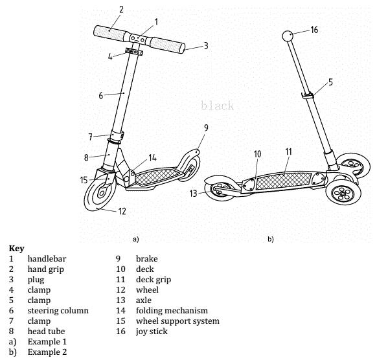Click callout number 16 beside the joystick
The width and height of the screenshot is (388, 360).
314,30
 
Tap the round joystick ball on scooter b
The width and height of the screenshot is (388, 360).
288,36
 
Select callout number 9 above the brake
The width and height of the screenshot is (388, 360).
206,128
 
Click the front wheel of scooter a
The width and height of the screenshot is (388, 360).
100,192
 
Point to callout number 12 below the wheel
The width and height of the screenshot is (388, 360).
122,211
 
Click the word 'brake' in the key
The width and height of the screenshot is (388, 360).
147,259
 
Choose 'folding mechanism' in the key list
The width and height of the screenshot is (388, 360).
172,311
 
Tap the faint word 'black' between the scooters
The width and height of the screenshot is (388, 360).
217,106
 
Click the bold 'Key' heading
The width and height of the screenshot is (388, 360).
17,249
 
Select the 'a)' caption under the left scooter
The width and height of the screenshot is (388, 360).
136,240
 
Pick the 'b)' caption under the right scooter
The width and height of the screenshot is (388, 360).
271,240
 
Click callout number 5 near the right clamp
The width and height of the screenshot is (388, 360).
331,82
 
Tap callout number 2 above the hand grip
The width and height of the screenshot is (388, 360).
121,10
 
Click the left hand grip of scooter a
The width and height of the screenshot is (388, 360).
109,33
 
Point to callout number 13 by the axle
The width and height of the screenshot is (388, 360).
193,193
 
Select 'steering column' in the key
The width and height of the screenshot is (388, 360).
58,311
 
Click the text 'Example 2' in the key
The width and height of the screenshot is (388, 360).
47,352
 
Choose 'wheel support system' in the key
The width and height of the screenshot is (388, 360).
177,321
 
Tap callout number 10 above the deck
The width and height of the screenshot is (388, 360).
258,154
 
